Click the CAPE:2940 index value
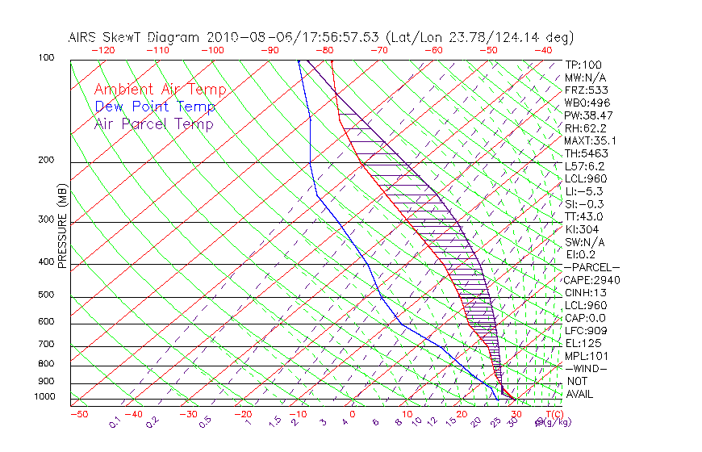(591, 280)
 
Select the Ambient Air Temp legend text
(160, 90)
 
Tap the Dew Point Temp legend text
(155, 107)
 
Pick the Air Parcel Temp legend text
(153, 123)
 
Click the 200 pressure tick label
(47, 161)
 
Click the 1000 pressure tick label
(44, 397)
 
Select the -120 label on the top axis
(102, 50)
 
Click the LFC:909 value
(585, 331)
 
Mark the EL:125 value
(583, 343)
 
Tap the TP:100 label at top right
(583, 65)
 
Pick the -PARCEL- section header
(591, 267)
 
